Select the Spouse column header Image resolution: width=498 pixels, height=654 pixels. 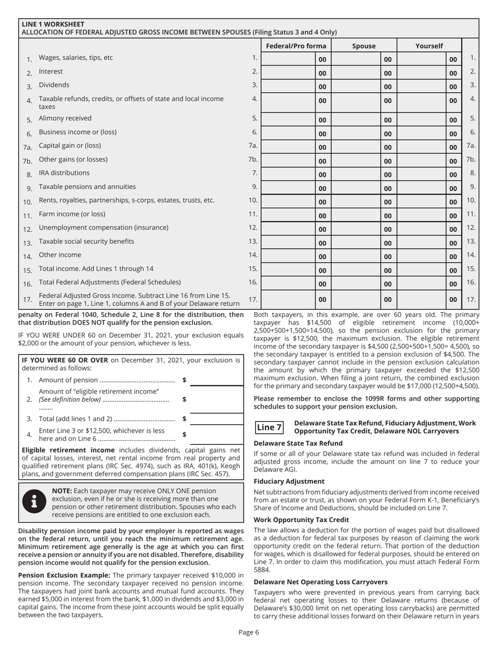click(x=363, y=46)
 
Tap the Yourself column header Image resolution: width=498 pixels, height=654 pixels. click(x=429, y=46)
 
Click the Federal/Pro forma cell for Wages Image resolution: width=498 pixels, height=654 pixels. click(x=288, y=59)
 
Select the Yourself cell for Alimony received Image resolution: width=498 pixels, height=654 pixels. click(x=421, y=120)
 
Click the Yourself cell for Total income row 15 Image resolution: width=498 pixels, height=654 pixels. click(x=421, y=270)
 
